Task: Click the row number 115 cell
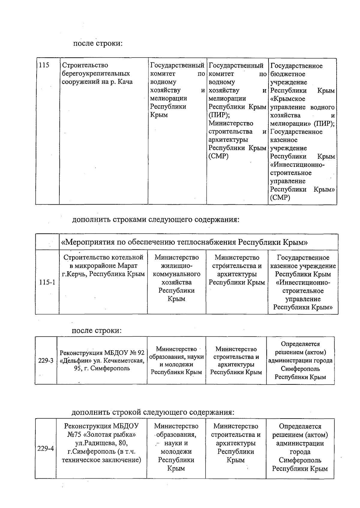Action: tap(44, 65)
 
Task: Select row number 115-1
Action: tap(47, 282)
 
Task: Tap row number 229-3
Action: tap(46, 360)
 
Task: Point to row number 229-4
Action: tap(46, 449)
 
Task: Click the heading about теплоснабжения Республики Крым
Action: tap(184, 242)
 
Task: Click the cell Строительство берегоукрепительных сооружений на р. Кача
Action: tap(97, 74)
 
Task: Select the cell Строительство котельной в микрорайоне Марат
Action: tap(103, 266)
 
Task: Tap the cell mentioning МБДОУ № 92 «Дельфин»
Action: tap(102, 360)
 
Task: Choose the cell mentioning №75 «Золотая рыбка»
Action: tap(101, 443)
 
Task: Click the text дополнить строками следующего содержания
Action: tap(156, 220)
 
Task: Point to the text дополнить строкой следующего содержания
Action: tap(153, 412)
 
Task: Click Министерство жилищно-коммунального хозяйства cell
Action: tap(176, 278)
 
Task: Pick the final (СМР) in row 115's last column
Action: tap(280, 197)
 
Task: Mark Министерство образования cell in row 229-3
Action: tap(176, 360)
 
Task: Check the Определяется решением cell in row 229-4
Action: tap(300, 447)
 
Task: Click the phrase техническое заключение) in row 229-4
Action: tap(101, 460)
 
